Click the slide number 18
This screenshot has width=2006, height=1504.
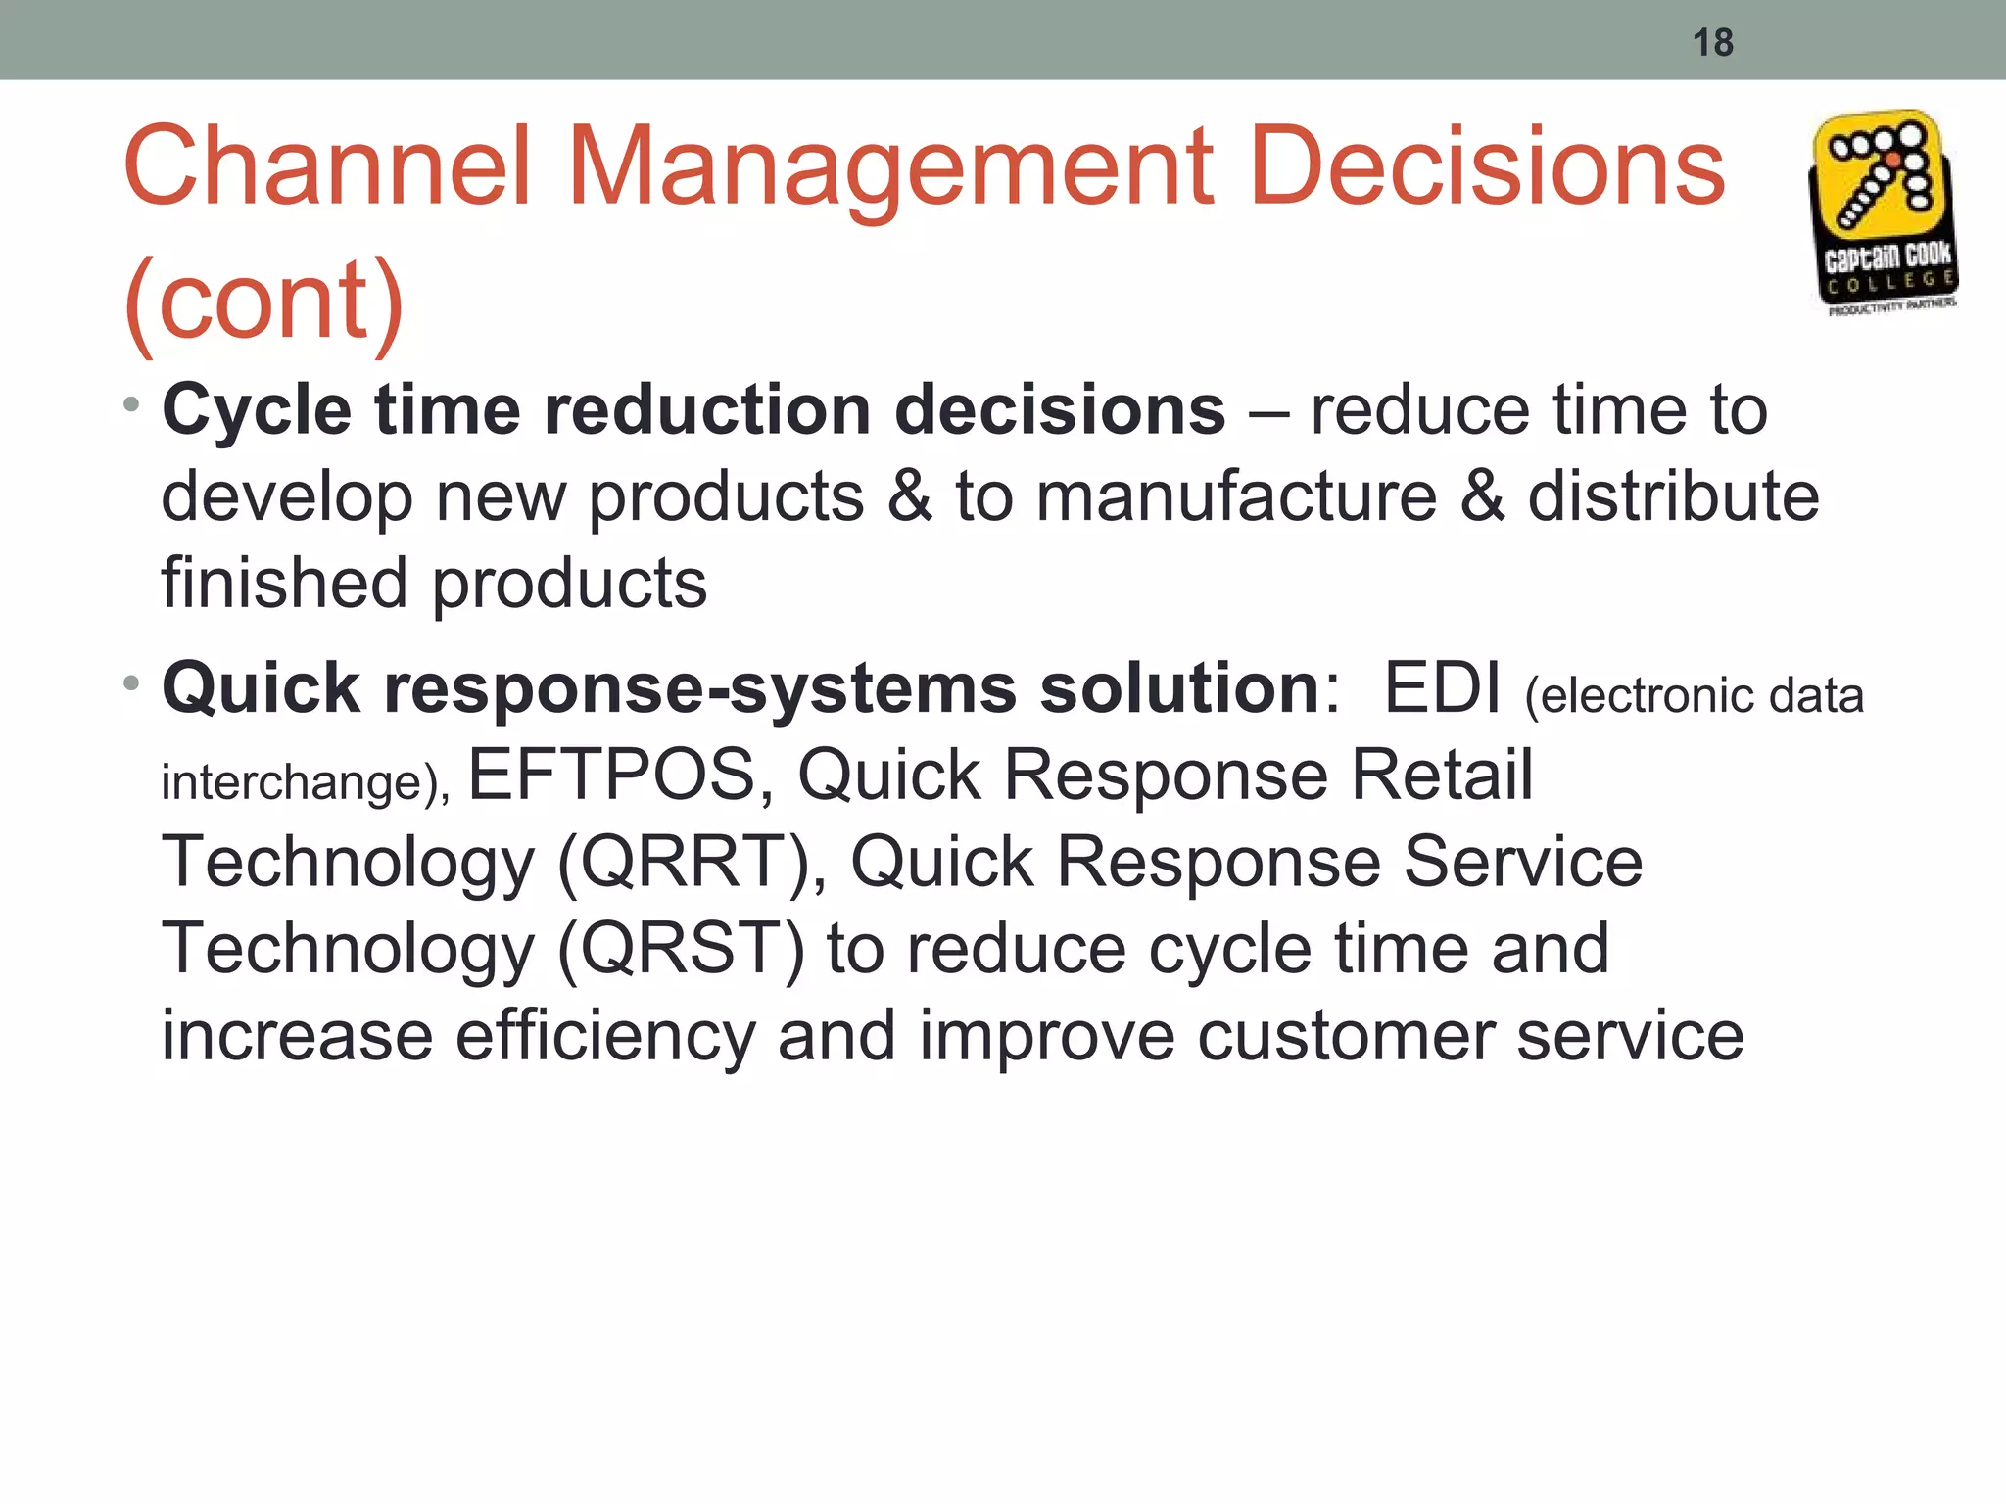click(1712, 43)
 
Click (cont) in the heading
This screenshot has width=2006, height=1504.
click(263, 302)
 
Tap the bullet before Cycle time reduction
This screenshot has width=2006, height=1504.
click(132, 403)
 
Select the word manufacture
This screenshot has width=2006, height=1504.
click(1236, 496)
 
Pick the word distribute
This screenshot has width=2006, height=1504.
click(1673, 496)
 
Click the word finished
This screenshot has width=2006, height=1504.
click(283, 584)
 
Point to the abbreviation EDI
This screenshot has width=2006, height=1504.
click(1442, 688)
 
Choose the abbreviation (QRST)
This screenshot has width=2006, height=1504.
click(681, 949)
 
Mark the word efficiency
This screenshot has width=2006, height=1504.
click(605, 1036)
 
